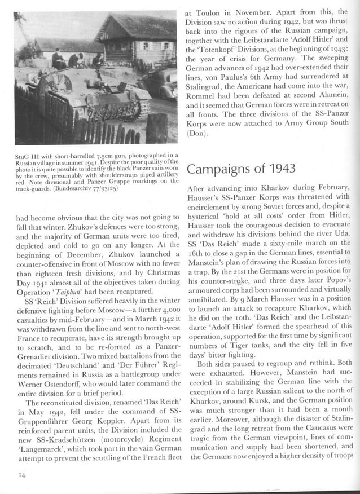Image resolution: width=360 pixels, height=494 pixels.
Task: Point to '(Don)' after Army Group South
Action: [x=196, y=134]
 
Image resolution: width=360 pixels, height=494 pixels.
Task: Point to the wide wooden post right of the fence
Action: [x=156, y=129]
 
